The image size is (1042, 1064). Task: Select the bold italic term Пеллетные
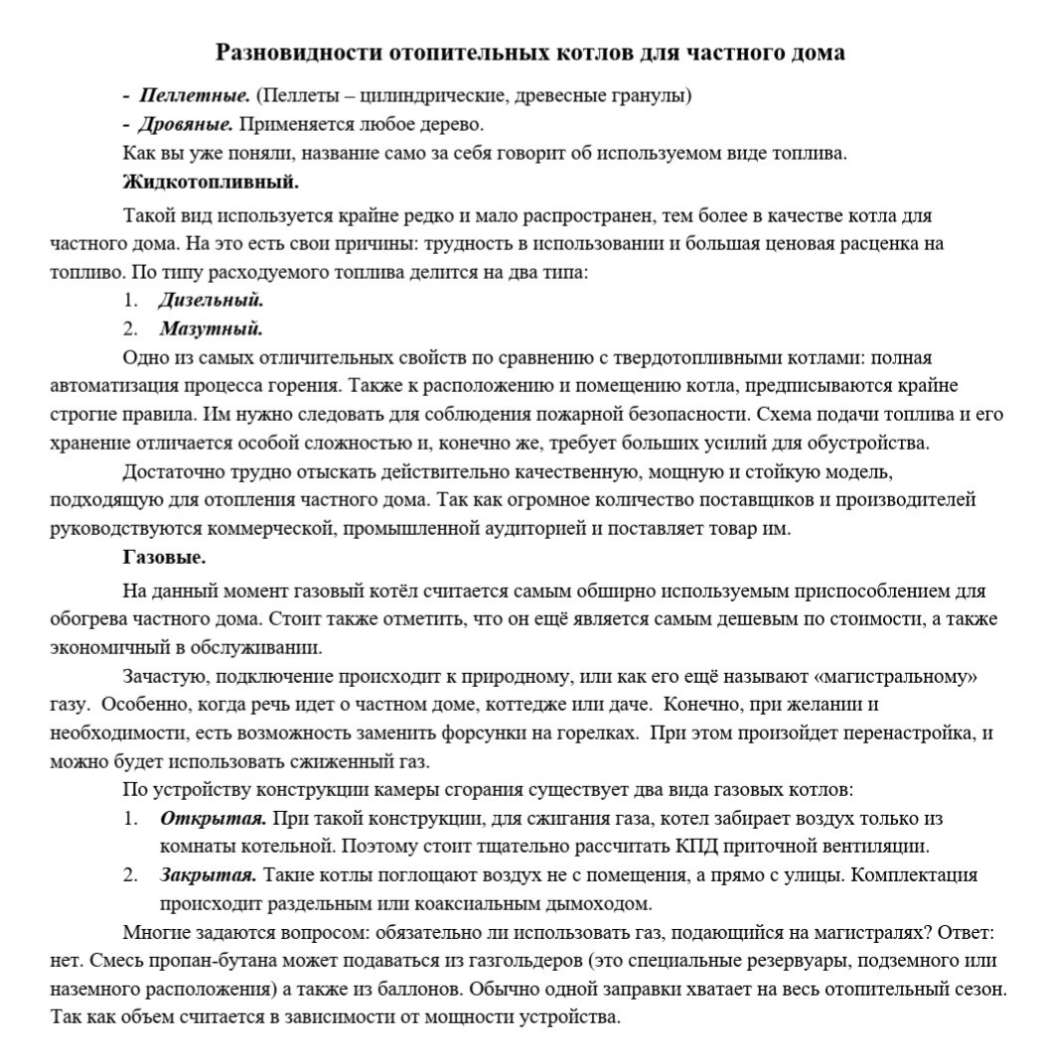pyautogui.click(x=195, y=96)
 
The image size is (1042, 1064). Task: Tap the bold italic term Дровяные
pyautogui.click(x=187, y=125)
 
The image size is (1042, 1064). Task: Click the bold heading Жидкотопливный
pyautogui.click(x=211, y=183)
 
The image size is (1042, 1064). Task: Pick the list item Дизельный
pyautogui.click(x=212, y=299)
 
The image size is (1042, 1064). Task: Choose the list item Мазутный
pyautogui.click(x=211, y=328)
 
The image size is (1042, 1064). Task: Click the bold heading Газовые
pyautogui.click(x=164, y=557)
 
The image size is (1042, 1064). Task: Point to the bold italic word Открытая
pyautogui.click(x=213, y=819)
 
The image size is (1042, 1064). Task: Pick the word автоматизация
pyautogui.click(x=110, y=385)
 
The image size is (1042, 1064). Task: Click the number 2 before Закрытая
pyautogui.click(x=130, y=876)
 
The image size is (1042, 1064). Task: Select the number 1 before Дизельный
pyautogui.click(x=130, y=299)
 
